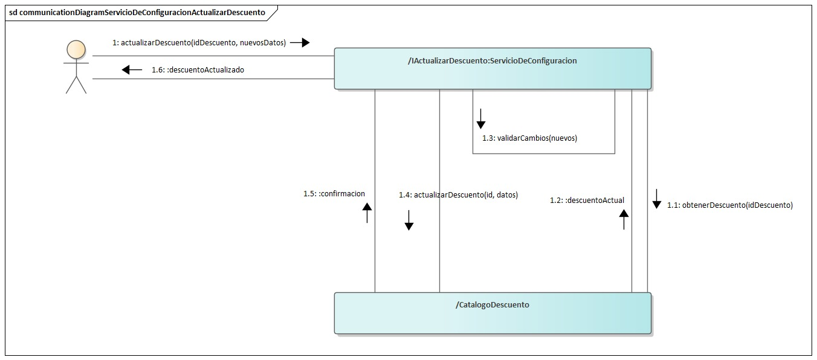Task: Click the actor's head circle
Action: tap(76, 49)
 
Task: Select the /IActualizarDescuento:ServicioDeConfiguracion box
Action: tap(492, 69)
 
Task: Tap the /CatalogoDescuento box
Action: tap(492, 313)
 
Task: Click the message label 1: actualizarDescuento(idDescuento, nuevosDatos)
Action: tap(199, 43)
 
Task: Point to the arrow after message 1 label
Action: tap(300, 43)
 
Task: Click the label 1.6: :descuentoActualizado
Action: tap(198, 69)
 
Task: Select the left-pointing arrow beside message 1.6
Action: tap(132, 69)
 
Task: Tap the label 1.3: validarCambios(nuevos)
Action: tap(529, 138)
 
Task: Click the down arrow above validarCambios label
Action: tap(481, 118)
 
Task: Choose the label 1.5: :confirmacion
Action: tap(334, 194)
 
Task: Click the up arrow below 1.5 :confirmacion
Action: tap(367, 213)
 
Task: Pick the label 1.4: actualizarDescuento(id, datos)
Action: tap(458, 195)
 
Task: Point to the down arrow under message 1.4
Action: tap(409, 220)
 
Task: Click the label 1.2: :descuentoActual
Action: tap(587, 200)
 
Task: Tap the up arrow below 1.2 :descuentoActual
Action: tap(624, 220)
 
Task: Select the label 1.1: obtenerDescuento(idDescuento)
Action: tap(729, 205)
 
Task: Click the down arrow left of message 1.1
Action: tap(657, 199)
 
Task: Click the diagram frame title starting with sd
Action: tap(137, 11)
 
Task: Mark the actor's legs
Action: tap(76, 86)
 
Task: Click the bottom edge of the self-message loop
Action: tap(543, 153)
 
